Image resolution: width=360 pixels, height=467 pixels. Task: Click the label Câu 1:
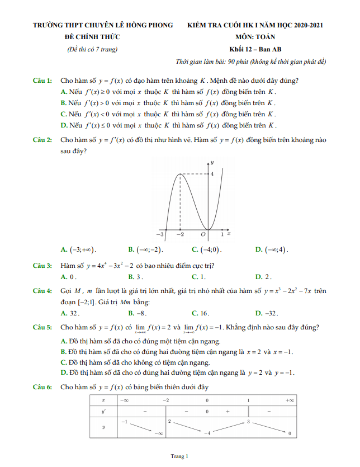[42, 81]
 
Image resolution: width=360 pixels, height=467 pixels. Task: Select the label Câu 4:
[42, 291]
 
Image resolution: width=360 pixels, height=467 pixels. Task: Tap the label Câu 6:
[42, 386]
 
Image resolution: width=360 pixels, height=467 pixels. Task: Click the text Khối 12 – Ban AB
[255, 49]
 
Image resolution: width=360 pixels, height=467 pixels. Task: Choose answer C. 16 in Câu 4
[200, 313]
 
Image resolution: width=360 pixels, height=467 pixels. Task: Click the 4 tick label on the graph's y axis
[212, 174]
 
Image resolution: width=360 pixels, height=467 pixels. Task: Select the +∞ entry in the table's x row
[289, 400]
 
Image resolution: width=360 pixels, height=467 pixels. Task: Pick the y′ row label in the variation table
[103, 411]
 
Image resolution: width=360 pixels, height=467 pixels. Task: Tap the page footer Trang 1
[179, 456]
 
